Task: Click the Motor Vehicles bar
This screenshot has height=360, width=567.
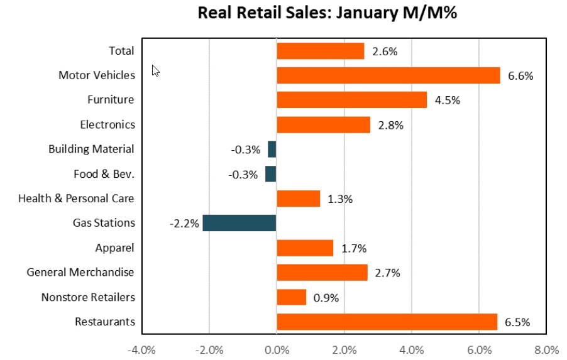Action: pyautogui.click(x=388, y=75)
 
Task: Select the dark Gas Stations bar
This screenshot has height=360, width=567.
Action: pyautogui.click(x=239, y=223)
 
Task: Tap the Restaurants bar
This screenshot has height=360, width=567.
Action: pyautogui.click(x=387, y=322)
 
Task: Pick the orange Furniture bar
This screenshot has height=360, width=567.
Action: pyautogui.click(x=351, y=100)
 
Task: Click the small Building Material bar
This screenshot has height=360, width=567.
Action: pyautogui.click(x=272, y=149)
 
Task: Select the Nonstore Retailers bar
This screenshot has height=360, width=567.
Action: pyautogui.click(x=291, y=297)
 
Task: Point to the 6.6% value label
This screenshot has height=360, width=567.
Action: pyautogui.click(x=520, y=76)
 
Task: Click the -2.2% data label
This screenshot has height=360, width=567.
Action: pyautogui.click(x=184, y=224)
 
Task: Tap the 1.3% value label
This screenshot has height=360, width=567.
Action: pyautogui.click(x=340, y=199)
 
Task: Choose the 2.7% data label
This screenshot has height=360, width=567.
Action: pyautogui.click(x=388, y=273)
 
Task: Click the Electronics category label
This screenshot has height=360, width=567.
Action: pyautogui.click(x=107, y=124)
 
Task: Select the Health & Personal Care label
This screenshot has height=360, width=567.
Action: pyautogui.click(x=76, y=199)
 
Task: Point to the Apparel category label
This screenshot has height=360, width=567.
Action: pyautogui.click(x=115, y=248)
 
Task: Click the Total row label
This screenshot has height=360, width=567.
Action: pyautogui.click(x=122, y=51)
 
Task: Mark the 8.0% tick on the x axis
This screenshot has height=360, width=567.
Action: pyautogui.click(x=546, y=349)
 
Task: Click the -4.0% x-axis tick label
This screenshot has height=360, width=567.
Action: pyautogui.click(x=141, y=349)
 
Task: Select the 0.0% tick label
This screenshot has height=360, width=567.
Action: pyautogui.click(x=277, y=349)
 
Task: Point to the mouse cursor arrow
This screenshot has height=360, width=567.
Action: pyautogui.click(x=155, y=70)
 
